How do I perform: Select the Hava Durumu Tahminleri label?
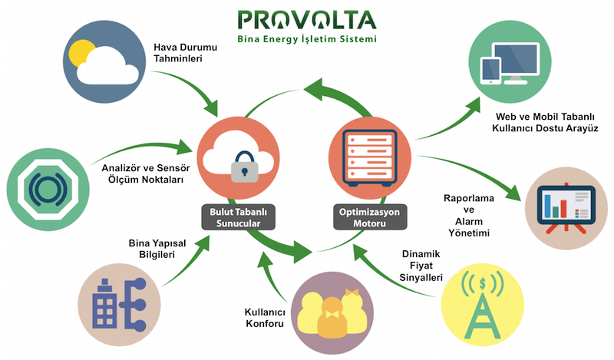pyautogui.click(x=183, y=51)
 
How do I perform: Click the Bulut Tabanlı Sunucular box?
pyautogui.click(x=237, y=216)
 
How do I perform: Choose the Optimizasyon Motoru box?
pyautogui.click(x=369, y=216)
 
